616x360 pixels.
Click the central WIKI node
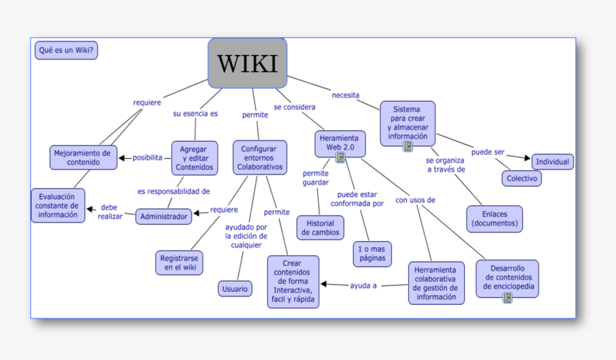(x=247, y=63)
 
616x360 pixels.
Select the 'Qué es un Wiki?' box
(x=66, y=50)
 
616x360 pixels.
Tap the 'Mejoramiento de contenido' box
(x=83, y=157)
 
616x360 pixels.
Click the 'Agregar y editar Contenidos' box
(x=194, y=158)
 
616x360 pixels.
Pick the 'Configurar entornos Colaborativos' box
(x=259, y=157)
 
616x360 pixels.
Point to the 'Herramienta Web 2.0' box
(x=340, y=142)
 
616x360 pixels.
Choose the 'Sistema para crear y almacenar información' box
(x=408, y=122)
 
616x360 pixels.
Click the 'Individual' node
(x=552, y=162)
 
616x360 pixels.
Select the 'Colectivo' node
(x=521, y=178)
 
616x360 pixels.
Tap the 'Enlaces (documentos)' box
(x=494, y=219)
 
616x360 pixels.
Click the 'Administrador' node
(x=163, y=216)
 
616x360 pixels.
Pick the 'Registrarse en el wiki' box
(x=180, y=262)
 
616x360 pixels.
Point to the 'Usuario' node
(x=235, y=289)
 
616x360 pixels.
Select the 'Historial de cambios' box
(x=320, y=228)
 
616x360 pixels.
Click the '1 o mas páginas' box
(x=372, y=253)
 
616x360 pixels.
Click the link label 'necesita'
(x=345, y=95)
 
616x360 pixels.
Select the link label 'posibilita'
(x=148, y=158)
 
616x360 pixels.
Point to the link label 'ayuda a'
(x=364, y=286)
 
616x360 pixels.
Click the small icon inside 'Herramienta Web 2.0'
(x=341, y=157)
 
